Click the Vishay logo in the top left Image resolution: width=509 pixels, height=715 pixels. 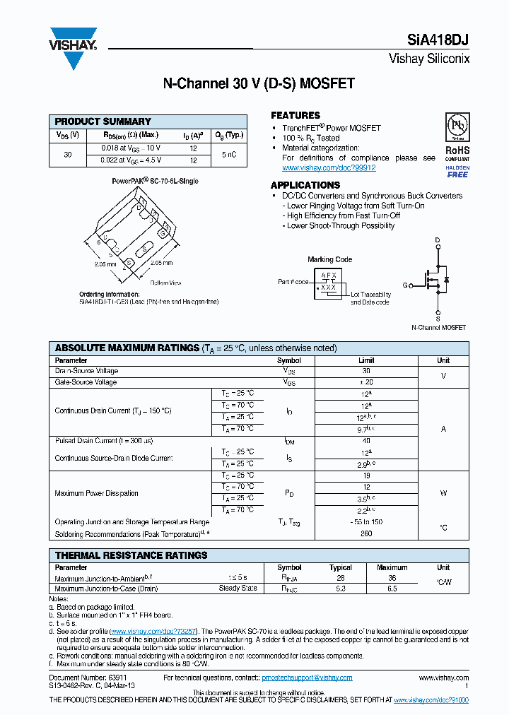(72, 47)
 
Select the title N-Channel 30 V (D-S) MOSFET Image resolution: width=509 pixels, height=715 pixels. (259, 84)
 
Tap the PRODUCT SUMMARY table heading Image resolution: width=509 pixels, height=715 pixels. (103, 122)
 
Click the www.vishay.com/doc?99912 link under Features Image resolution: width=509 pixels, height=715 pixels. (329, 168)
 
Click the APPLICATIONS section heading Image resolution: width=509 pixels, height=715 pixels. (305, 185)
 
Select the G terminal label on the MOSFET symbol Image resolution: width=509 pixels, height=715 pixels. (406, 285)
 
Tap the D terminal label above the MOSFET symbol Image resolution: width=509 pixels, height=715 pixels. (438, 241)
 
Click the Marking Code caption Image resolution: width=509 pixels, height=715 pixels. (329, 259)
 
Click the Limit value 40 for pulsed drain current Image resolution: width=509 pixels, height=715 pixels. (366, 441)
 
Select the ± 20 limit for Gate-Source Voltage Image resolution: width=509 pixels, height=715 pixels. (366, 382)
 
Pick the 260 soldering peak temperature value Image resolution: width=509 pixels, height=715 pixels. (366, 533)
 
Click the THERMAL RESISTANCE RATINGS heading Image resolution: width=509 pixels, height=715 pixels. (131, 555)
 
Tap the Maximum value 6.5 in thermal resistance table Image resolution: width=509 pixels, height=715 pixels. (392, 588)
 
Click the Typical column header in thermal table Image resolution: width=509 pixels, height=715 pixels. (341, 567)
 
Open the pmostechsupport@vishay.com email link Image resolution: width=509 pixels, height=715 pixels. (307, 678)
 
